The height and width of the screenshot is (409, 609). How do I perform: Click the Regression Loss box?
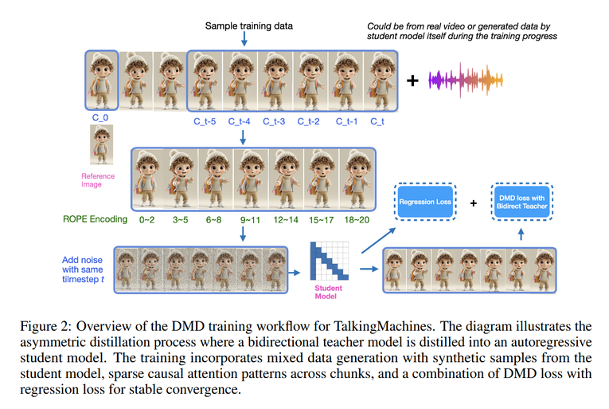[425, 202]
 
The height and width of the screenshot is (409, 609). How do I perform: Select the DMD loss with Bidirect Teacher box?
[521, 202]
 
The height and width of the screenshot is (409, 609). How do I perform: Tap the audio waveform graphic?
[465, 81]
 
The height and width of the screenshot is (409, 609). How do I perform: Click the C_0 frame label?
[100, 117]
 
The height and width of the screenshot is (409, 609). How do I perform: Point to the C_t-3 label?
[274, 121]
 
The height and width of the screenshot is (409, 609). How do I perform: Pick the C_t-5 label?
[205, 121]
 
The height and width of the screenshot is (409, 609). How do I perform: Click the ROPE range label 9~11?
[250, 220]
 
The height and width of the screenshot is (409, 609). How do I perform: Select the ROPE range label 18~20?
[357, 220]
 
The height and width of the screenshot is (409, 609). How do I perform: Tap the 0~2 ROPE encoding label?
[146, 220]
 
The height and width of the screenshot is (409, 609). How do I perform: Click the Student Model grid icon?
[329, 261]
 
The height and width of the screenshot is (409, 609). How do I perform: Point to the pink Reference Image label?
[98, 180]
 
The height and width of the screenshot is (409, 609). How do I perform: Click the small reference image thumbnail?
[102, 145]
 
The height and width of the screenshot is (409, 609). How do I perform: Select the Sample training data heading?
[249, 26]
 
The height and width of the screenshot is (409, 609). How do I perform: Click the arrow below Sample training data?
[244, 39]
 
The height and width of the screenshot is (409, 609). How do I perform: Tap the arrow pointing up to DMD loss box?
[521, 234]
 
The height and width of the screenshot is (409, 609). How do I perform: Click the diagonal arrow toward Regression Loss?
[379, 241]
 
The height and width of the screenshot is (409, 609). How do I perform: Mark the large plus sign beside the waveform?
[412, 81]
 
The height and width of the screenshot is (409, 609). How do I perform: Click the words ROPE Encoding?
[96, 219]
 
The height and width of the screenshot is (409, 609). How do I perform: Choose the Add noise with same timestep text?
[83, 269]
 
